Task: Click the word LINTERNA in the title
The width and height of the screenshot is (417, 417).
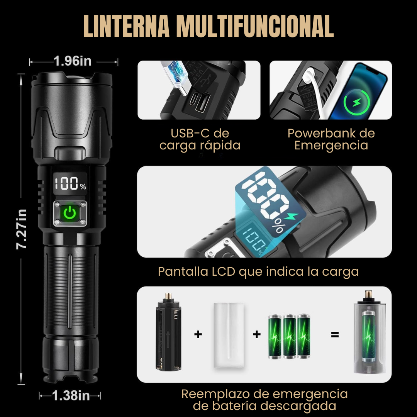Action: [127, 26]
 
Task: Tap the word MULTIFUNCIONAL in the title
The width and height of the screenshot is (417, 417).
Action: [255, 26]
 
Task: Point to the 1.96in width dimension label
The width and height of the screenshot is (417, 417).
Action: [72, 61]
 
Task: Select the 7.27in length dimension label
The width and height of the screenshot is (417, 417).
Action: [21, 229]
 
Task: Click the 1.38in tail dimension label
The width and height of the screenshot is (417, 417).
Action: [71, 395]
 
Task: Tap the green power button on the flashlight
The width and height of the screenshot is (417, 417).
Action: [69, 213]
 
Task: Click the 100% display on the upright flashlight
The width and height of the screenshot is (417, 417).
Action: [70, 183]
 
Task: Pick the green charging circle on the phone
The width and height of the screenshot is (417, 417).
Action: [357, 102]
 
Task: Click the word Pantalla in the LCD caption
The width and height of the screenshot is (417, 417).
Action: [183, 271]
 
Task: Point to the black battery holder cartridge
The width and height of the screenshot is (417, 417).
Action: [168, 331]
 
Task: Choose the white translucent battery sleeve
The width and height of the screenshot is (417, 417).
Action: [229, 335]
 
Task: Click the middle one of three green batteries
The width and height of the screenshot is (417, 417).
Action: [289, 336]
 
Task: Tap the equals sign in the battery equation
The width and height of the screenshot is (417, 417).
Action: [335, 334]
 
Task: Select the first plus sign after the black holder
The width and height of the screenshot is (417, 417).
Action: [198, 334]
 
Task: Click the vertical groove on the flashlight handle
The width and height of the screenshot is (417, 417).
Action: [70, 291]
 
